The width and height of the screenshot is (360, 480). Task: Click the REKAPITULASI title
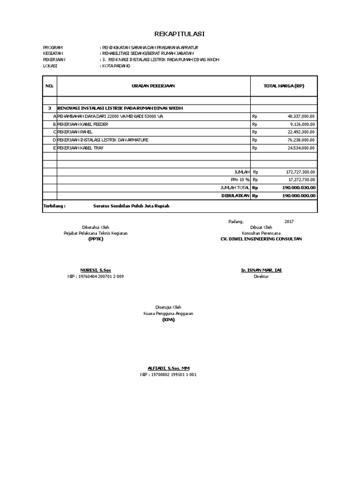pyautogui.click(x=180, y=34)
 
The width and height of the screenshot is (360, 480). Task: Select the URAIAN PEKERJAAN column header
pyautogui.click(x=153, y=86)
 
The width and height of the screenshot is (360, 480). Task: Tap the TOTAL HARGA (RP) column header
pyautogui.click(x=284, y=86)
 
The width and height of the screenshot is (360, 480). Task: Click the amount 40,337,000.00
pyautogui.click(x=301, y=116)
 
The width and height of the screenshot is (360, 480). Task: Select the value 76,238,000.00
pyautogui.click(x=301, y=140)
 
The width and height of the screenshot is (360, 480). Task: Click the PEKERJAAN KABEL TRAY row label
pyautogui.click(x=80, y=148)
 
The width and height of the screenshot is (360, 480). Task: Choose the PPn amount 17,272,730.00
pyautogui.click(x=301, y=180)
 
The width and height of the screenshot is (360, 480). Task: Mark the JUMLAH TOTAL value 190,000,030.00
pyautogui.click(x=299, y=187)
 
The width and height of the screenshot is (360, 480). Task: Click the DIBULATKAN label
pyautogui.click(x=235, y=195)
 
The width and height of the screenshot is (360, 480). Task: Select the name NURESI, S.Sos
pyautogui.click(x=96, y=271)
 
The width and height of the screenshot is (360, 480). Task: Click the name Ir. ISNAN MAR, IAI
pyautogui.click(x=261, y=271)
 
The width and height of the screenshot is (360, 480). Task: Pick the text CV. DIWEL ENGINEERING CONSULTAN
pyautogui.click(x=261, y=239)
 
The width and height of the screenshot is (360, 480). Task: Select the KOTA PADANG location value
pyautogui.click(x=116, y=67)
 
